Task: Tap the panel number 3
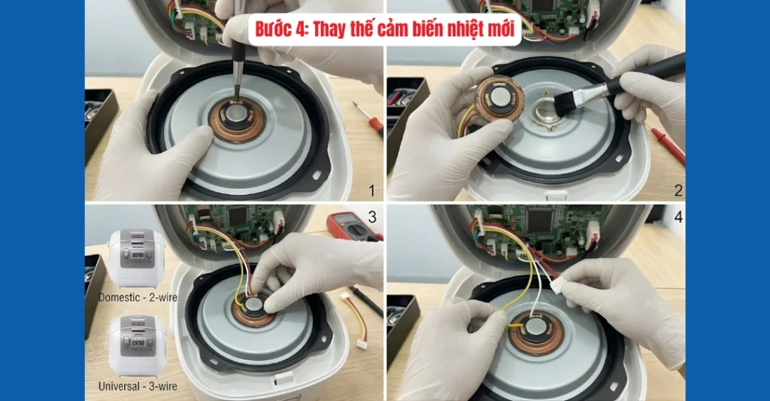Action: pyautogui.click(x=370, y=218)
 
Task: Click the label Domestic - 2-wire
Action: pyautogui.click(x=138, y=297)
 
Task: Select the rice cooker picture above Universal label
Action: pyautogui.click(x=137, y=347)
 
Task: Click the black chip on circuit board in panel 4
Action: pyautogui.click(x=541, y=220)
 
